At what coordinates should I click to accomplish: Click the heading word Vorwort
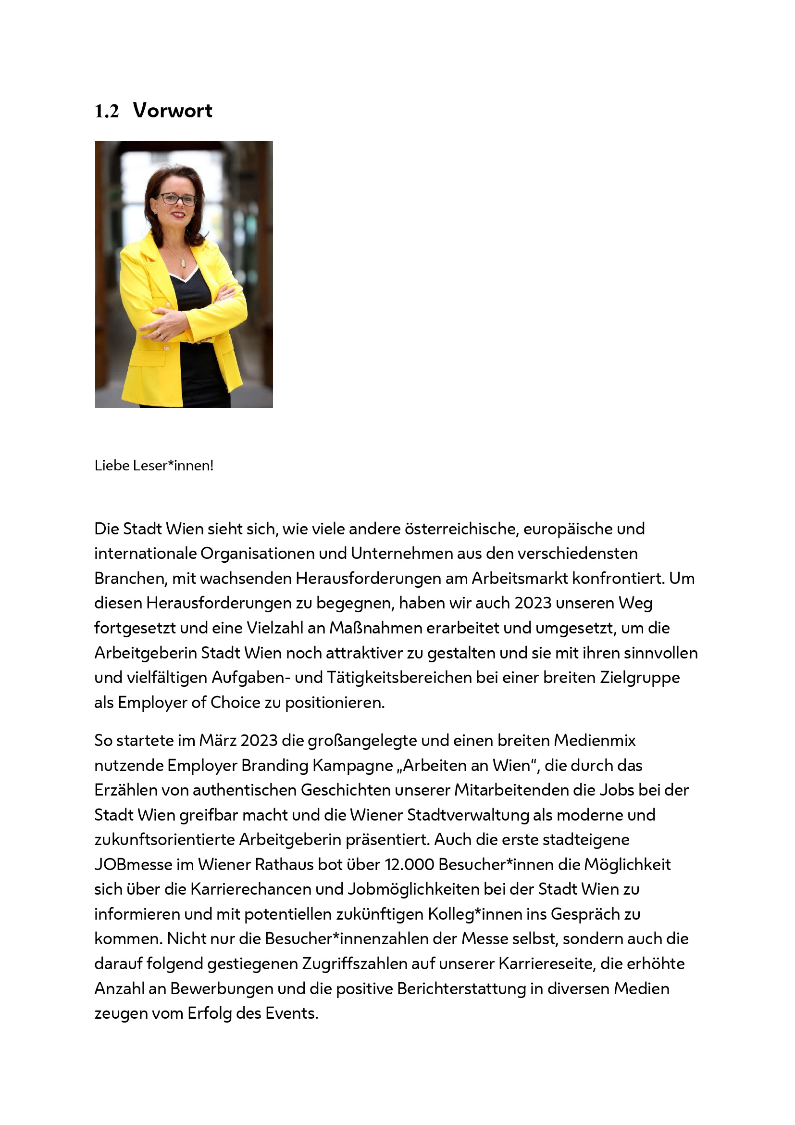pyautogui.click(x=173, y=111)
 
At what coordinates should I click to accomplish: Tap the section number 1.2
pyautogui.click(x=107, y=112)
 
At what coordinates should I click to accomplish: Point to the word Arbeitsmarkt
pyautogui.click(x=520, y=579)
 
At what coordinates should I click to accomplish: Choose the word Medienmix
pyautogui.click(x=595, y=740)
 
